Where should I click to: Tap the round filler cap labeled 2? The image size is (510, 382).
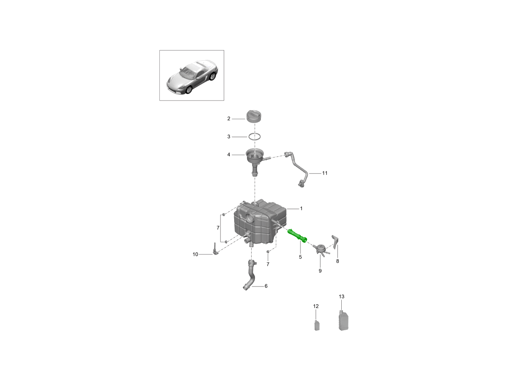(254, 117)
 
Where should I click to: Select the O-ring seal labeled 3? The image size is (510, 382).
(255, 137)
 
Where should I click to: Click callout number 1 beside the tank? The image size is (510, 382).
(301, 208)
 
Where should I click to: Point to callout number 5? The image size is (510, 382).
(300, 257)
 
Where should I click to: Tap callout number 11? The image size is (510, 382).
(325, 173)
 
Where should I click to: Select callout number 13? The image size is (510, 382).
(341, 296)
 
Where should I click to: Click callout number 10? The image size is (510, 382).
(195, 254)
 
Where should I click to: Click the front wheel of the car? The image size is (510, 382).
(189, 90)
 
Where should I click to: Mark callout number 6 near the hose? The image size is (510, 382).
(266, 286)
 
